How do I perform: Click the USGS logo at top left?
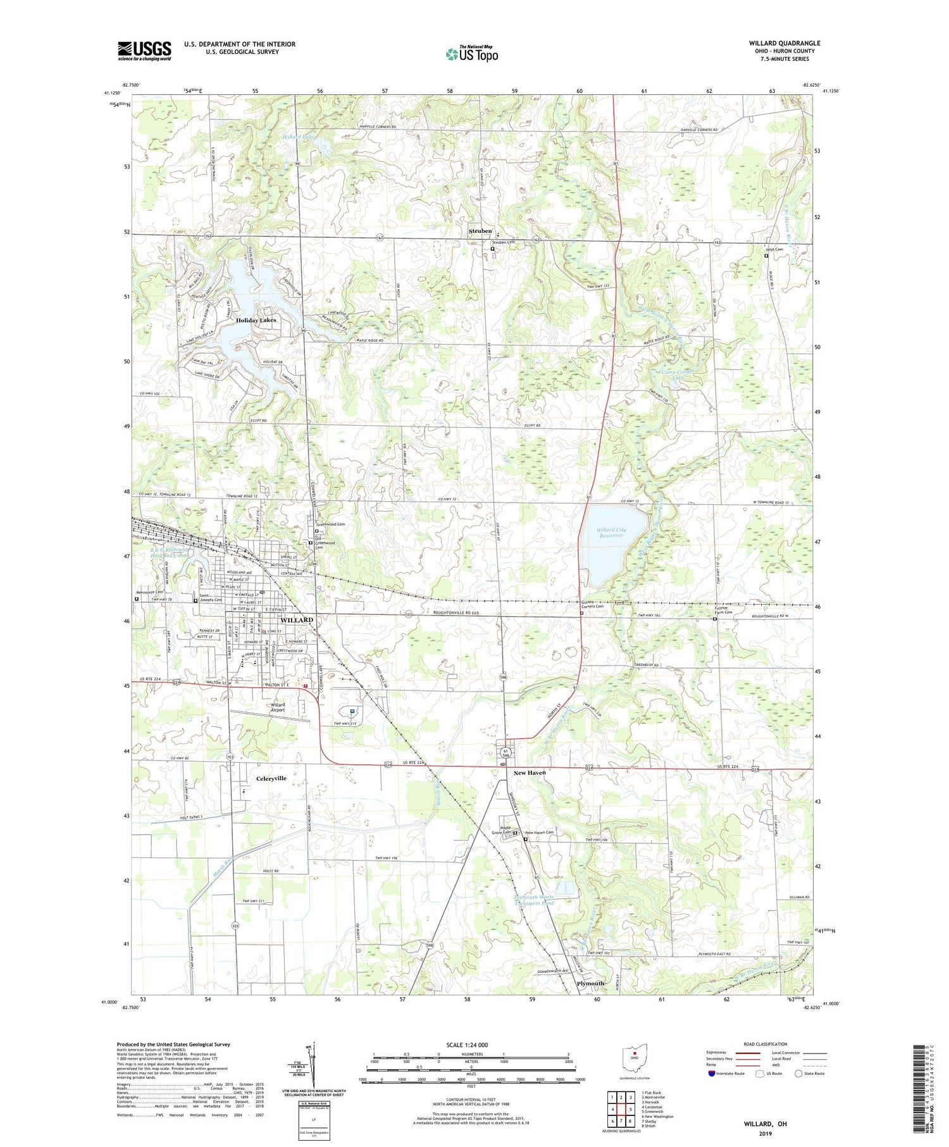pyautogui.click(x=144, y=51)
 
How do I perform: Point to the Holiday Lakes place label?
pyautogui.click(x=256, y=320)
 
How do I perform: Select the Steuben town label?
pyautogui.click(x=480, y=231)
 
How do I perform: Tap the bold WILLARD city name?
pyautogui.click(x=296, y=620)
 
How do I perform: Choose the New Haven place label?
pyautogui.click(x=530, y=772)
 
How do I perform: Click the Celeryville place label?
pyautogui.click(x=271, y=778)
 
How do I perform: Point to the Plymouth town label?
pyautogui.click(x=590, y=983)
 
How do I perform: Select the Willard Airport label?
pyautogui.click(x=277, y=707)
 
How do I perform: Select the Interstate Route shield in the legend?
pyautogui.click(x=712, y=1074)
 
